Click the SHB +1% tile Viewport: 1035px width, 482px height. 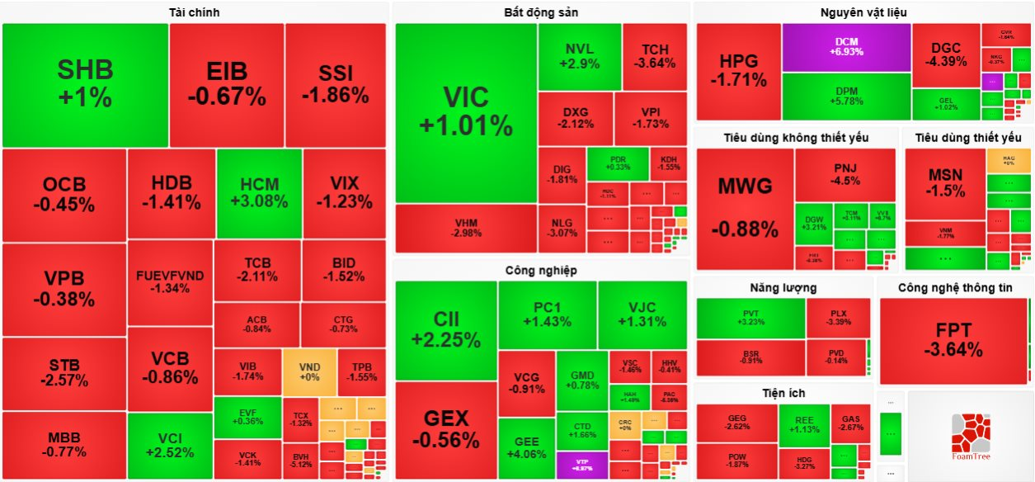coord(85,84)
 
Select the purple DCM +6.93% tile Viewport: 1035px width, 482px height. coord(846,46)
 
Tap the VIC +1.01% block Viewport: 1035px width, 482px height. coord(466,111)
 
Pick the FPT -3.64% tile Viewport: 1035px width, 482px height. coord(953,340)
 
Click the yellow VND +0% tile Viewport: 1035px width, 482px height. coord(309,371)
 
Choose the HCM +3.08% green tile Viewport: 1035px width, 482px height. coord(259,192)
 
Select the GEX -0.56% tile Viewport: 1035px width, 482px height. coord(445,429)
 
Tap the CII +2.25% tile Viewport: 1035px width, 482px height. coord(445,329)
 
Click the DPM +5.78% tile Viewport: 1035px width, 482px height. coord(846,96)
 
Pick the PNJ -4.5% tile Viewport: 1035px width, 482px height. coord(845,174)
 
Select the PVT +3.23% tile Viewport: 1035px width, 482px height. coord(750,318)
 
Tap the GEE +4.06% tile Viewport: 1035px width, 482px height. coord(526,448)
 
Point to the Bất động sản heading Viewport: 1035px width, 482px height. coord(541,12)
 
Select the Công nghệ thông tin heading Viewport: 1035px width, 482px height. coord(955,287)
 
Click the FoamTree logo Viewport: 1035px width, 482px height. coord(971,436)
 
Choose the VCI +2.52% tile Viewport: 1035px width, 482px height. coord(169,446)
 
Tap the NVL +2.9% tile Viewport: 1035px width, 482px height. coord(579,56)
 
